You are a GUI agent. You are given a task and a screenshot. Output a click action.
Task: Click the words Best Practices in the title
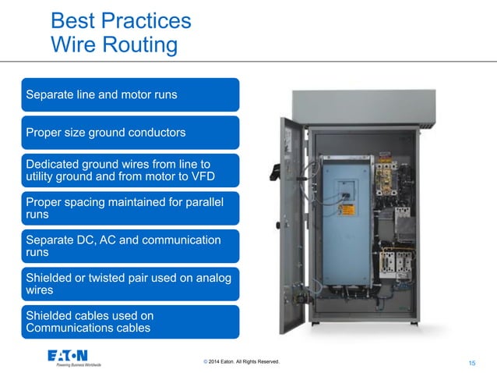[x=121, y=20]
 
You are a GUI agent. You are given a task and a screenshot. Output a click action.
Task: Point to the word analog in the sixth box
[x=210, y=277]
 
